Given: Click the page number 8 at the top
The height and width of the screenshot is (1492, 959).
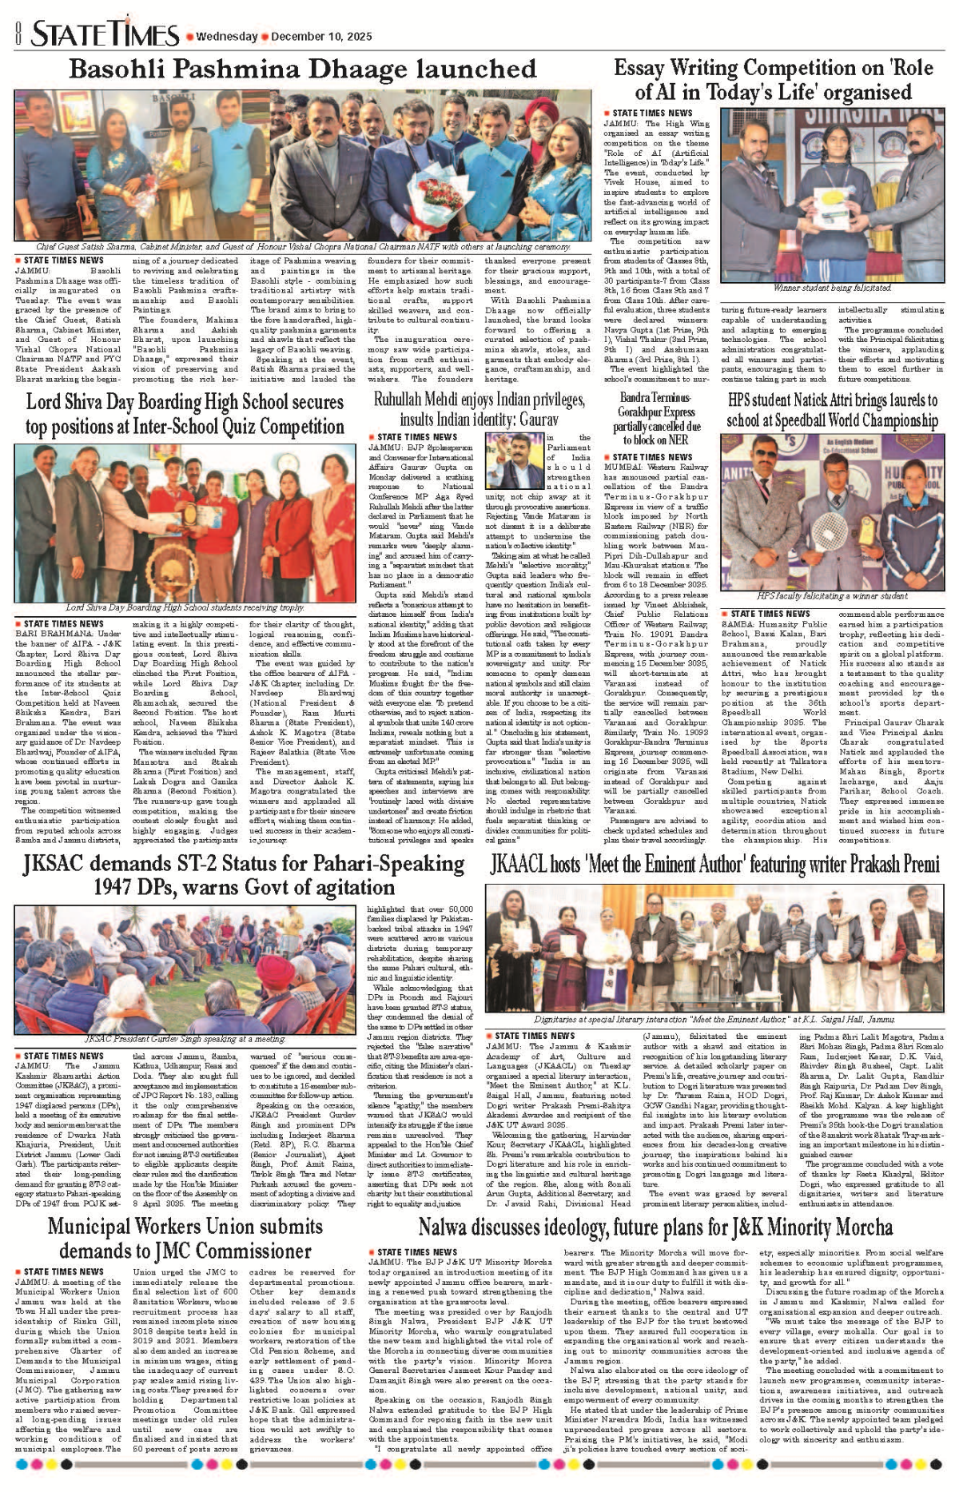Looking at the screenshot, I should [x=18, y=34].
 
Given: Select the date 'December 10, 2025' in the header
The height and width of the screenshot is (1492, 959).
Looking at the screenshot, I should [x=321, y=37].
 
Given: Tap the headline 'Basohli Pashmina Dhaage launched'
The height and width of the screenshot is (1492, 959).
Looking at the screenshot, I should [x=302, y=70].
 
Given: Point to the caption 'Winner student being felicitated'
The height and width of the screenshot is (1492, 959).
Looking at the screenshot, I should [x=832, y=288].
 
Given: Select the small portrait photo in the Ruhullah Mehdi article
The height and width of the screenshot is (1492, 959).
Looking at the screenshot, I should [x=515, y=461].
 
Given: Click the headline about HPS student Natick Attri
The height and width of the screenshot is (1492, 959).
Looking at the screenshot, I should [x=832, y=409].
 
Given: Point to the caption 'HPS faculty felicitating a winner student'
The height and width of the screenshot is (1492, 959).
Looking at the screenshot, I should [x=832, y=596].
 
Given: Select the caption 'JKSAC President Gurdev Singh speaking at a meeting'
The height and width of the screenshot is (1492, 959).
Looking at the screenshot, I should [x=185, y=1039].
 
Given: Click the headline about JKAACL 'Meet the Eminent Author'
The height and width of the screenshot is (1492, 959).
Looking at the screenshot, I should [x=715, y=865].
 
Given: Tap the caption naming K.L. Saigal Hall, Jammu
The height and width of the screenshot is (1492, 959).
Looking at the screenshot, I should [x=714, y=1020].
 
